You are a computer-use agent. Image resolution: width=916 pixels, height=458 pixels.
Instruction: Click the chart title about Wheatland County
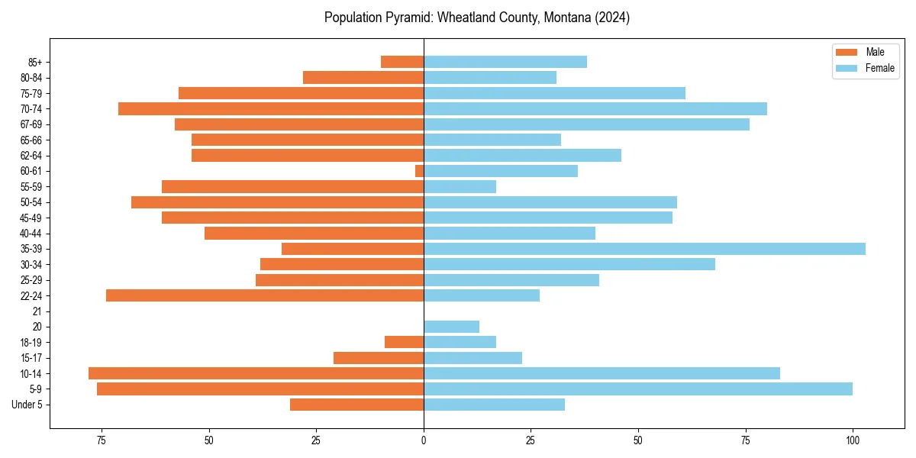coord(476,18)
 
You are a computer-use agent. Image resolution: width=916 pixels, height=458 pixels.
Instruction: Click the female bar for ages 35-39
coord(644,249)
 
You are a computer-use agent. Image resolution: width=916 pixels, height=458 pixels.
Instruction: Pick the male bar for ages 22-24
coord(265,295)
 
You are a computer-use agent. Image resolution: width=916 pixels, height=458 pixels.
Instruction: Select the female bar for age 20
coord(451,327)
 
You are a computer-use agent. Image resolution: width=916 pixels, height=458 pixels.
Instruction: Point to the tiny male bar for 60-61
coord(419,171)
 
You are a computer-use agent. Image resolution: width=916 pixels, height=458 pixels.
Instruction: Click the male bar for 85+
coord(402,62)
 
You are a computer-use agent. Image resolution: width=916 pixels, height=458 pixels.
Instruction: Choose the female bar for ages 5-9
coord(637,389)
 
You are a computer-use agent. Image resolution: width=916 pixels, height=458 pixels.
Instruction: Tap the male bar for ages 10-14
coord(256,373)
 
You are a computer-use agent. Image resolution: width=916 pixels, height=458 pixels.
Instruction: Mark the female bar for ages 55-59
coord(460,186)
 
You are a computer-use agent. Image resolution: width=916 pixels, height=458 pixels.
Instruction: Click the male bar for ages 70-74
coord(271,108)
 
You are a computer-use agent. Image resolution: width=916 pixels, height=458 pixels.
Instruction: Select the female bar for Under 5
coord(494,405)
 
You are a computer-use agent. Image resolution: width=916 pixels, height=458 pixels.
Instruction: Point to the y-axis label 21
coord(37,311)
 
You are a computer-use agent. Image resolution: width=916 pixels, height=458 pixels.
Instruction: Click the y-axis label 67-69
coord(31,124)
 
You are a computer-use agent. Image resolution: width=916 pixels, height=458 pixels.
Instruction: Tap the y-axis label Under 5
coord(27,405)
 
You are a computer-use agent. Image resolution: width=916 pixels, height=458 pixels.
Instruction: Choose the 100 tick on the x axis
coord(853,440)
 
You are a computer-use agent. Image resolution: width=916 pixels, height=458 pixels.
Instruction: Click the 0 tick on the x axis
coord(424,440)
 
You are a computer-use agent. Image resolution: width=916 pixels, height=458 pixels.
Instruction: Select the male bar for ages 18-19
coord(404,342)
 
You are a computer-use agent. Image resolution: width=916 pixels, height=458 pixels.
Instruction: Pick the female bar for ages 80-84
coord(490,77)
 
